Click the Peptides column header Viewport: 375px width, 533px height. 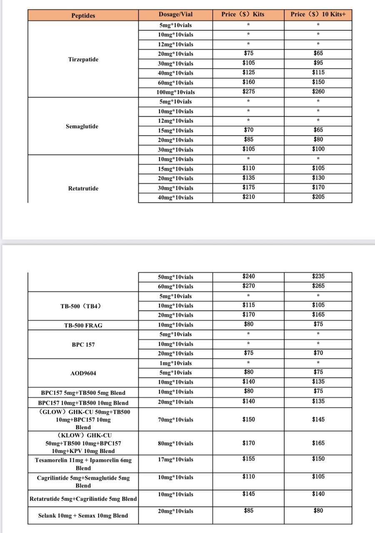tap(83, 15)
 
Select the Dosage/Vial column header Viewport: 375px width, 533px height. tap(175, 15)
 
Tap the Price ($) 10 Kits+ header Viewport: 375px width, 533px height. tap(318, 15)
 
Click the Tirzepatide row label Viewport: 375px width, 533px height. tap(83, 60)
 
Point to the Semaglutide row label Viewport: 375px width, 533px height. tap(82, 126)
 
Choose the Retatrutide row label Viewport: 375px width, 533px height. tap(83, 189)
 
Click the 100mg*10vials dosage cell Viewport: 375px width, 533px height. tap(175, 92)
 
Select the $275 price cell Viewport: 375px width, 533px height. tap(248, 92)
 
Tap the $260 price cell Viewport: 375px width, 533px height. tap(318, 92)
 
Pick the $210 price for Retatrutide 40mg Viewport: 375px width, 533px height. tap(248, 197)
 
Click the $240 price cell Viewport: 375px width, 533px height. tap(248, 276)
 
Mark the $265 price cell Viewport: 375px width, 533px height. tap(318, 286)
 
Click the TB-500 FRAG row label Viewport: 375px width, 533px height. tap(83, 325)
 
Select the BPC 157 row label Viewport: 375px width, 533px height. tap(83, 345)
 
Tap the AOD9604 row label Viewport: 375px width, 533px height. tap(83, 373)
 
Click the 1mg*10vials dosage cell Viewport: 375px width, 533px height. tap(175, 363)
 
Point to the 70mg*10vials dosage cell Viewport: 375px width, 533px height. tap(175, 420)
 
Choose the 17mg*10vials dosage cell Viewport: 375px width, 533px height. tap(175, 460)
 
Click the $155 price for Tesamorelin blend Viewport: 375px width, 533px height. tap(248, 459)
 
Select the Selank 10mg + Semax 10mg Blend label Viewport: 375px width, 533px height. tap(83, 516)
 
